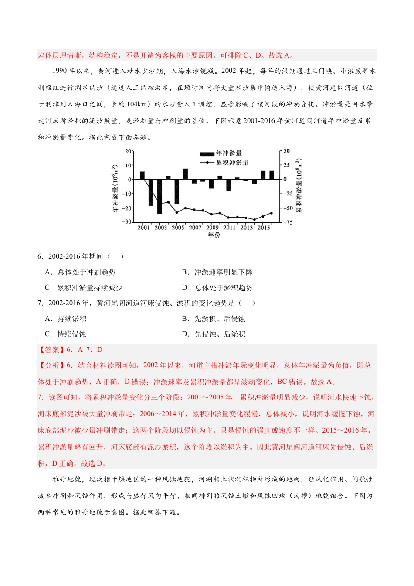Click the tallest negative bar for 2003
(159, 196)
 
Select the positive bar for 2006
(186, 174)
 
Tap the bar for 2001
(143, 175)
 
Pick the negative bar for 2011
(229, 185)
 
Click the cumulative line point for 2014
(255, 219)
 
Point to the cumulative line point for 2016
(271, 213)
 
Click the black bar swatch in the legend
(207, 153)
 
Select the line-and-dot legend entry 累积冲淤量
(224, 163)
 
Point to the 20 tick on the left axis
(128, 151)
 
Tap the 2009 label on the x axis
(212, 228)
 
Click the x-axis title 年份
(214, 235)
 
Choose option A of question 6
(80, 272)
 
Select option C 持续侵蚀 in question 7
(66, 334)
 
